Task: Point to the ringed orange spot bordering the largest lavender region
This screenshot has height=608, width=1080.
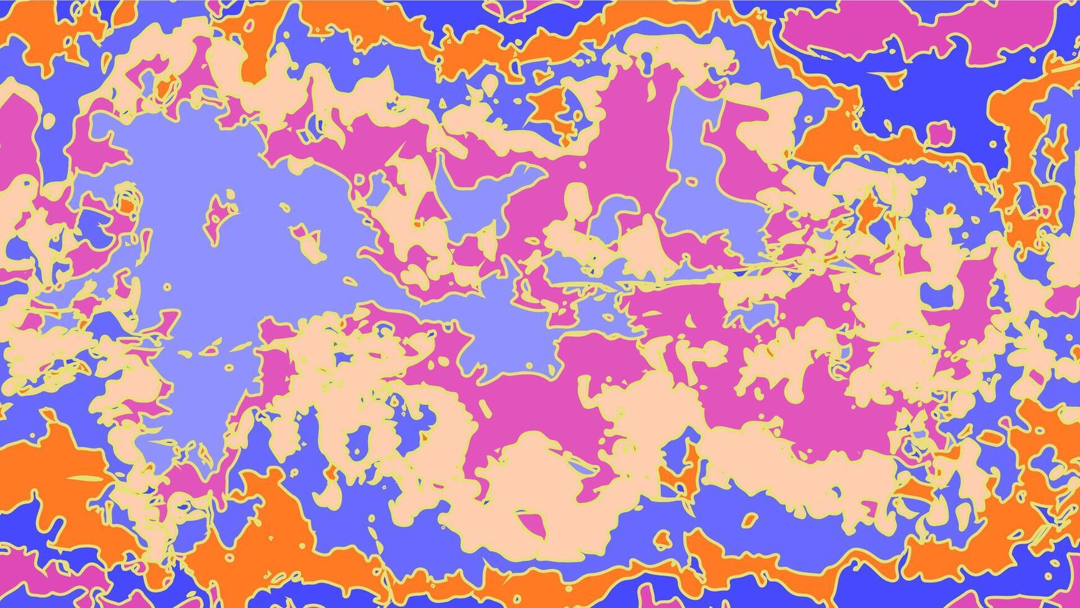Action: pos(126,202)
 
